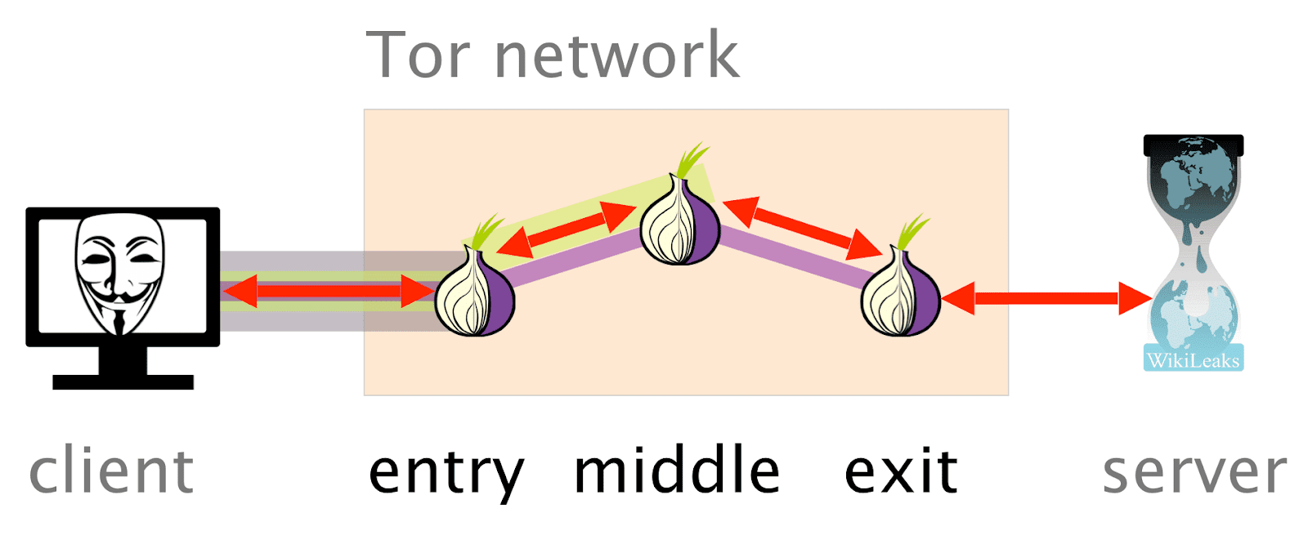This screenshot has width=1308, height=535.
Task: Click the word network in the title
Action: (616, 56)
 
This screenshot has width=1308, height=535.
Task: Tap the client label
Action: (111, 472)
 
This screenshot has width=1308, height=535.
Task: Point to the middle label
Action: (677, 471)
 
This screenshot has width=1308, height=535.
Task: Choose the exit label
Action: (900, 472)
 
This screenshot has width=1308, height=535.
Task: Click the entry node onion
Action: (474, 294)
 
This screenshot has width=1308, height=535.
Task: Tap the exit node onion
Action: (901, 294)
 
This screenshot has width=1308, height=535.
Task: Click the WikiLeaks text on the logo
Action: (1193, 360)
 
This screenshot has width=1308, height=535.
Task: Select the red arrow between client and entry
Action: (328, 291)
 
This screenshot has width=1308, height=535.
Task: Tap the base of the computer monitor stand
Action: (123, 381)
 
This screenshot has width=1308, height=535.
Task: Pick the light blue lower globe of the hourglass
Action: (1193, 314)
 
